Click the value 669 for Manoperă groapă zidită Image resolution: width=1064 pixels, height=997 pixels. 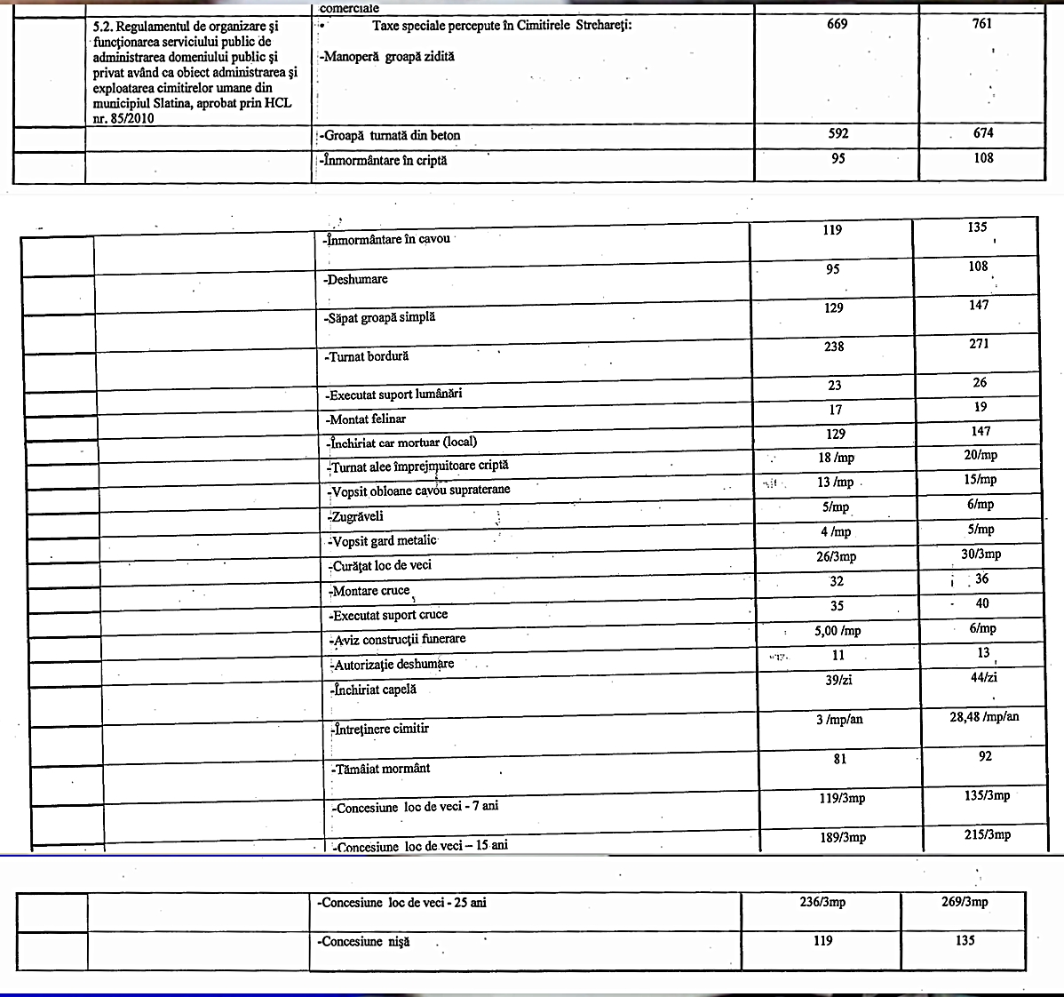[837, 24]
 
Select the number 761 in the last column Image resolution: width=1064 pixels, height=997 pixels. [981, 24]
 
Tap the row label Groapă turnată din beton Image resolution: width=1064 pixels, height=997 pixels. [392, 136]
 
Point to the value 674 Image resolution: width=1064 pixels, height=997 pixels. [982, 133]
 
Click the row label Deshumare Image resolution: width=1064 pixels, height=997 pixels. [357, 279]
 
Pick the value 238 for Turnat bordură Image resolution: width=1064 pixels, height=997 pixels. [834, 347]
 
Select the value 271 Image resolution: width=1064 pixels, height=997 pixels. [979, 344]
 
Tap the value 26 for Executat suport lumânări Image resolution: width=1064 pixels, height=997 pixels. [979, 383]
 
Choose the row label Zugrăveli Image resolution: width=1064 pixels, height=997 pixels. [356, 516]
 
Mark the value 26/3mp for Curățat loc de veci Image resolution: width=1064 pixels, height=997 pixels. [836, 557]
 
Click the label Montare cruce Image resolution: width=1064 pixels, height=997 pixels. [370, 591]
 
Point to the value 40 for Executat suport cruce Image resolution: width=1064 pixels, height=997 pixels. [981, 604]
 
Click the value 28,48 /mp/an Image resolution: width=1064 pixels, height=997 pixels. [984, 717]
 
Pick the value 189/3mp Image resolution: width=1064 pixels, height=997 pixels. [842, 837]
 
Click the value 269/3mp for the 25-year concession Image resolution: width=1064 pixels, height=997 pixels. [963, 902]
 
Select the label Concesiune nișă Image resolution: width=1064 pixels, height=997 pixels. [364, 942]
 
